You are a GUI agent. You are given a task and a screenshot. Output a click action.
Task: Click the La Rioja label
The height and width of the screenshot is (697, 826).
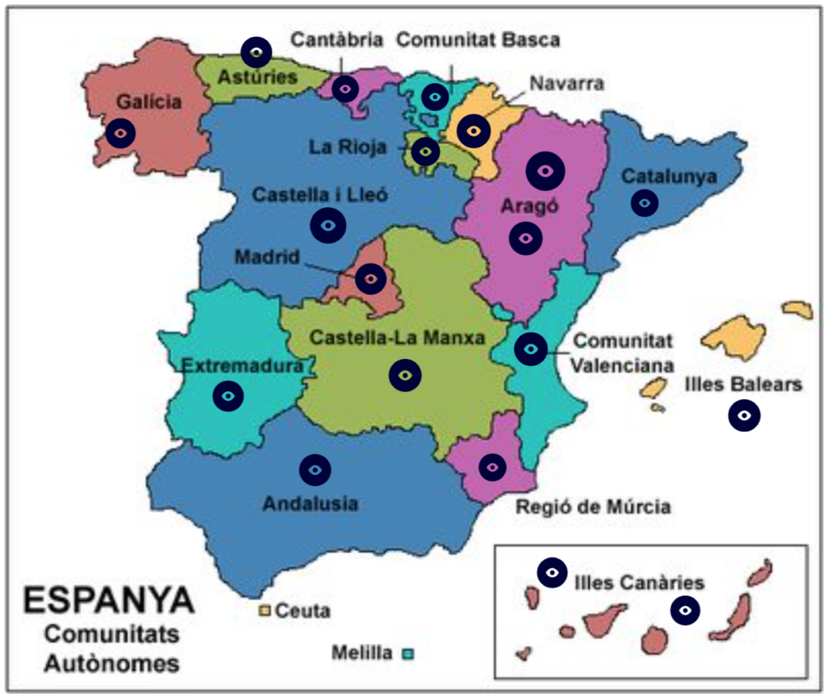click(x=347, y=147)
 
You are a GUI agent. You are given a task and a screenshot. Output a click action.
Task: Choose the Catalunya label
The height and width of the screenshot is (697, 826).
click(x=669, y=176)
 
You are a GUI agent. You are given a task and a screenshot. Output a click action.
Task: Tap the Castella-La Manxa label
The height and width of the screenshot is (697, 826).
click(x=398, y=338)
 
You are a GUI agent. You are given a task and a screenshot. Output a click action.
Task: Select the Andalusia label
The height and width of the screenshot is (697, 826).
click(x=311, y=504)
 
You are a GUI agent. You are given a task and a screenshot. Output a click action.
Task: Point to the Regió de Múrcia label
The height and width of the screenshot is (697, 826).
click(x=593, y=507)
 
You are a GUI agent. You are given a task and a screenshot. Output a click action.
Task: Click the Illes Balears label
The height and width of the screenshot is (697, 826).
click(x=743, y=384)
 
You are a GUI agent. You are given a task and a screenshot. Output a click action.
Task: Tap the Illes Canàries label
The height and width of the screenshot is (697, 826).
click(x=640, y=582)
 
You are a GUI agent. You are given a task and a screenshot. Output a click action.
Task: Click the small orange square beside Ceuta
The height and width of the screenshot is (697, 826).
click(x=264, y=610)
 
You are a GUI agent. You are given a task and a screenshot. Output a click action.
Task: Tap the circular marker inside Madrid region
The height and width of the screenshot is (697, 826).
click(x=371, y=278)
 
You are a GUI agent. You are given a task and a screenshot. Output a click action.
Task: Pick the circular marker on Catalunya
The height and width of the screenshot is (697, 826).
click(x=644, y=202)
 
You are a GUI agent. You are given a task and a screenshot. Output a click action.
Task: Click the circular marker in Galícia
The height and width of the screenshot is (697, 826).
click(x=120, y=132)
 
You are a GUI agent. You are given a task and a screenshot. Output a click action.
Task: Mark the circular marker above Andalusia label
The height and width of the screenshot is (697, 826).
click(x=315, y=469)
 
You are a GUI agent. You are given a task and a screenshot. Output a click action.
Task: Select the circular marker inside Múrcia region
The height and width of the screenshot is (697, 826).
click(x=492, y=465)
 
